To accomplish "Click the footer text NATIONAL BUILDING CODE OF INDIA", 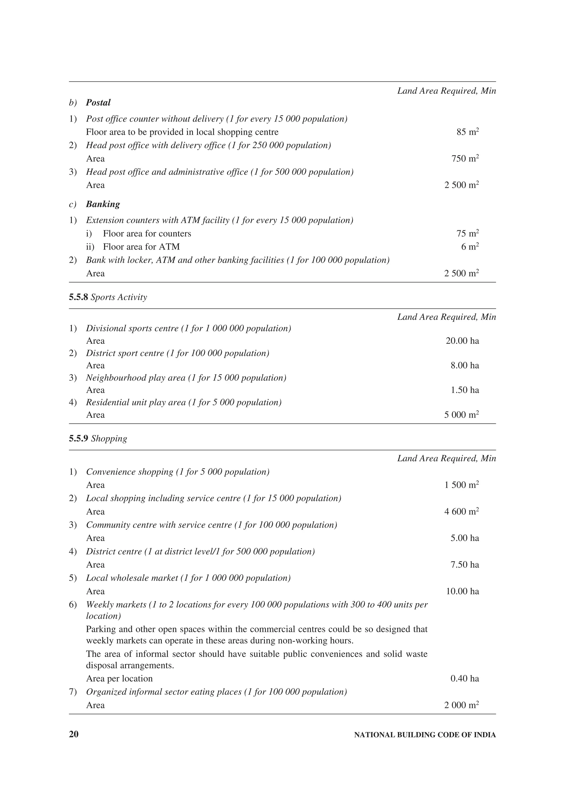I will point(425,735).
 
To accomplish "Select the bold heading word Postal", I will point(98,103).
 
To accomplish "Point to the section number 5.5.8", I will point(78,297).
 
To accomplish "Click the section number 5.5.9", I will point(78,438).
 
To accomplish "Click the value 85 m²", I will point(468,132).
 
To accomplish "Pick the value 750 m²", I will point(465,159).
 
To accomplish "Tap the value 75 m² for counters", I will point(468,234).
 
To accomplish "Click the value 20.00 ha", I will point(462,341).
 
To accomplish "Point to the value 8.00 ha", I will point(465,365).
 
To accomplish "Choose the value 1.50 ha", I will point(465,390).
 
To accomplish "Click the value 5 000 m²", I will point(461,415).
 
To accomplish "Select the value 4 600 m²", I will point(461,511).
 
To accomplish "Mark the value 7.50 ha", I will point(465,565).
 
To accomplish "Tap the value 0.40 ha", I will point(465,679).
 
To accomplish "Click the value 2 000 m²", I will point(461,705).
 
